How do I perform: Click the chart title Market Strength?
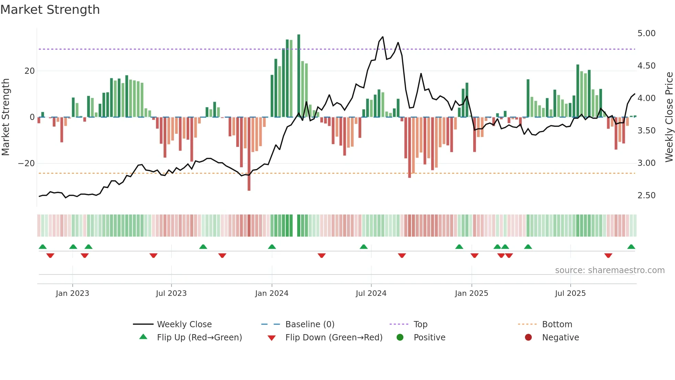pos(50,10)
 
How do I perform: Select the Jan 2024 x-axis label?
pos(271,293)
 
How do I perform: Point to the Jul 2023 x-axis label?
pos(171,293)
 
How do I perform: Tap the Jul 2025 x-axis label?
pos(570,293)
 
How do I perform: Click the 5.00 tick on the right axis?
pos(646,33)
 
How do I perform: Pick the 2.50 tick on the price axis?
pos(646,196)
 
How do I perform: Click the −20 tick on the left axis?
pos(27,163)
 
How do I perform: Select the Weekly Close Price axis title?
pos(669,117)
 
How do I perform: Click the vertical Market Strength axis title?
pos(6,117)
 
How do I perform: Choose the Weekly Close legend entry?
pos(184,324)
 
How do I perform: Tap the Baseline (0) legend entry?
pos(310,324)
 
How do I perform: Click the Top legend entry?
pos(420,324)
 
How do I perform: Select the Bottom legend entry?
pos(557,324)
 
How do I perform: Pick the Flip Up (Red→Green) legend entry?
pos(199,338)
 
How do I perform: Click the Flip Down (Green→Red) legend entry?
pos(333,338)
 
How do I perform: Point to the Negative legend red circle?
pos(528,337)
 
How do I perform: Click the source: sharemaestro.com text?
pos(610,270)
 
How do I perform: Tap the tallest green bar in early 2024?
pos(299,76)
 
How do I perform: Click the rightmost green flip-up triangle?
pos(631,247)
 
